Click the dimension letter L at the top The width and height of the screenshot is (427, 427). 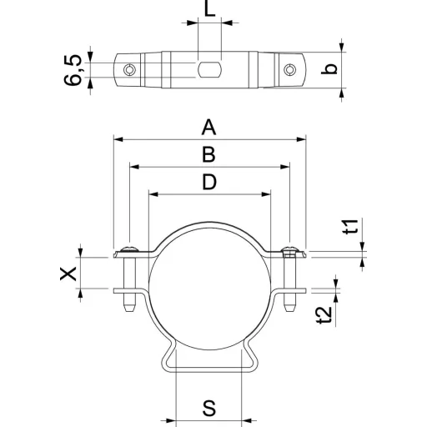(209, 8)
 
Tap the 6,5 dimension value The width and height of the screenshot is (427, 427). (73, 70)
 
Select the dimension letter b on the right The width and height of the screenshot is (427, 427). (329, 69)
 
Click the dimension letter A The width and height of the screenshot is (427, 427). (208, 127)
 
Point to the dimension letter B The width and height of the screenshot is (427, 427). (208, 154)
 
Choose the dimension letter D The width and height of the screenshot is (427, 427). (209, 182)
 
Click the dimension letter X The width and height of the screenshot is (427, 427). (68, 274)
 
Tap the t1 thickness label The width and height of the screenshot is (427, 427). (351, 227)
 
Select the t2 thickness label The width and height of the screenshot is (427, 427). (324, 315)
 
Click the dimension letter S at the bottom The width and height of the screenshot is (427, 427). (209, 408)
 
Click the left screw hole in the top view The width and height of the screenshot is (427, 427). (129, 69)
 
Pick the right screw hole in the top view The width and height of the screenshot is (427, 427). (289, 69)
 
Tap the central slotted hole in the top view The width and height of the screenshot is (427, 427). (209, 69)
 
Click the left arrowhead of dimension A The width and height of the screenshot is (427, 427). (118, 139)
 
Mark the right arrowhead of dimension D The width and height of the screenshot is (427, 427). (266, 194)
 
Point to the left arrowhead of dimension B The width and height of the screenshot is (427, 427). (134, 167)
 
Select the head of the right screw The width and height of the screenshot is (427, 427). (289, 249)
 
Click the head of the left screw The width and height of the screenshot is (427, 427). (129, 249)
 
